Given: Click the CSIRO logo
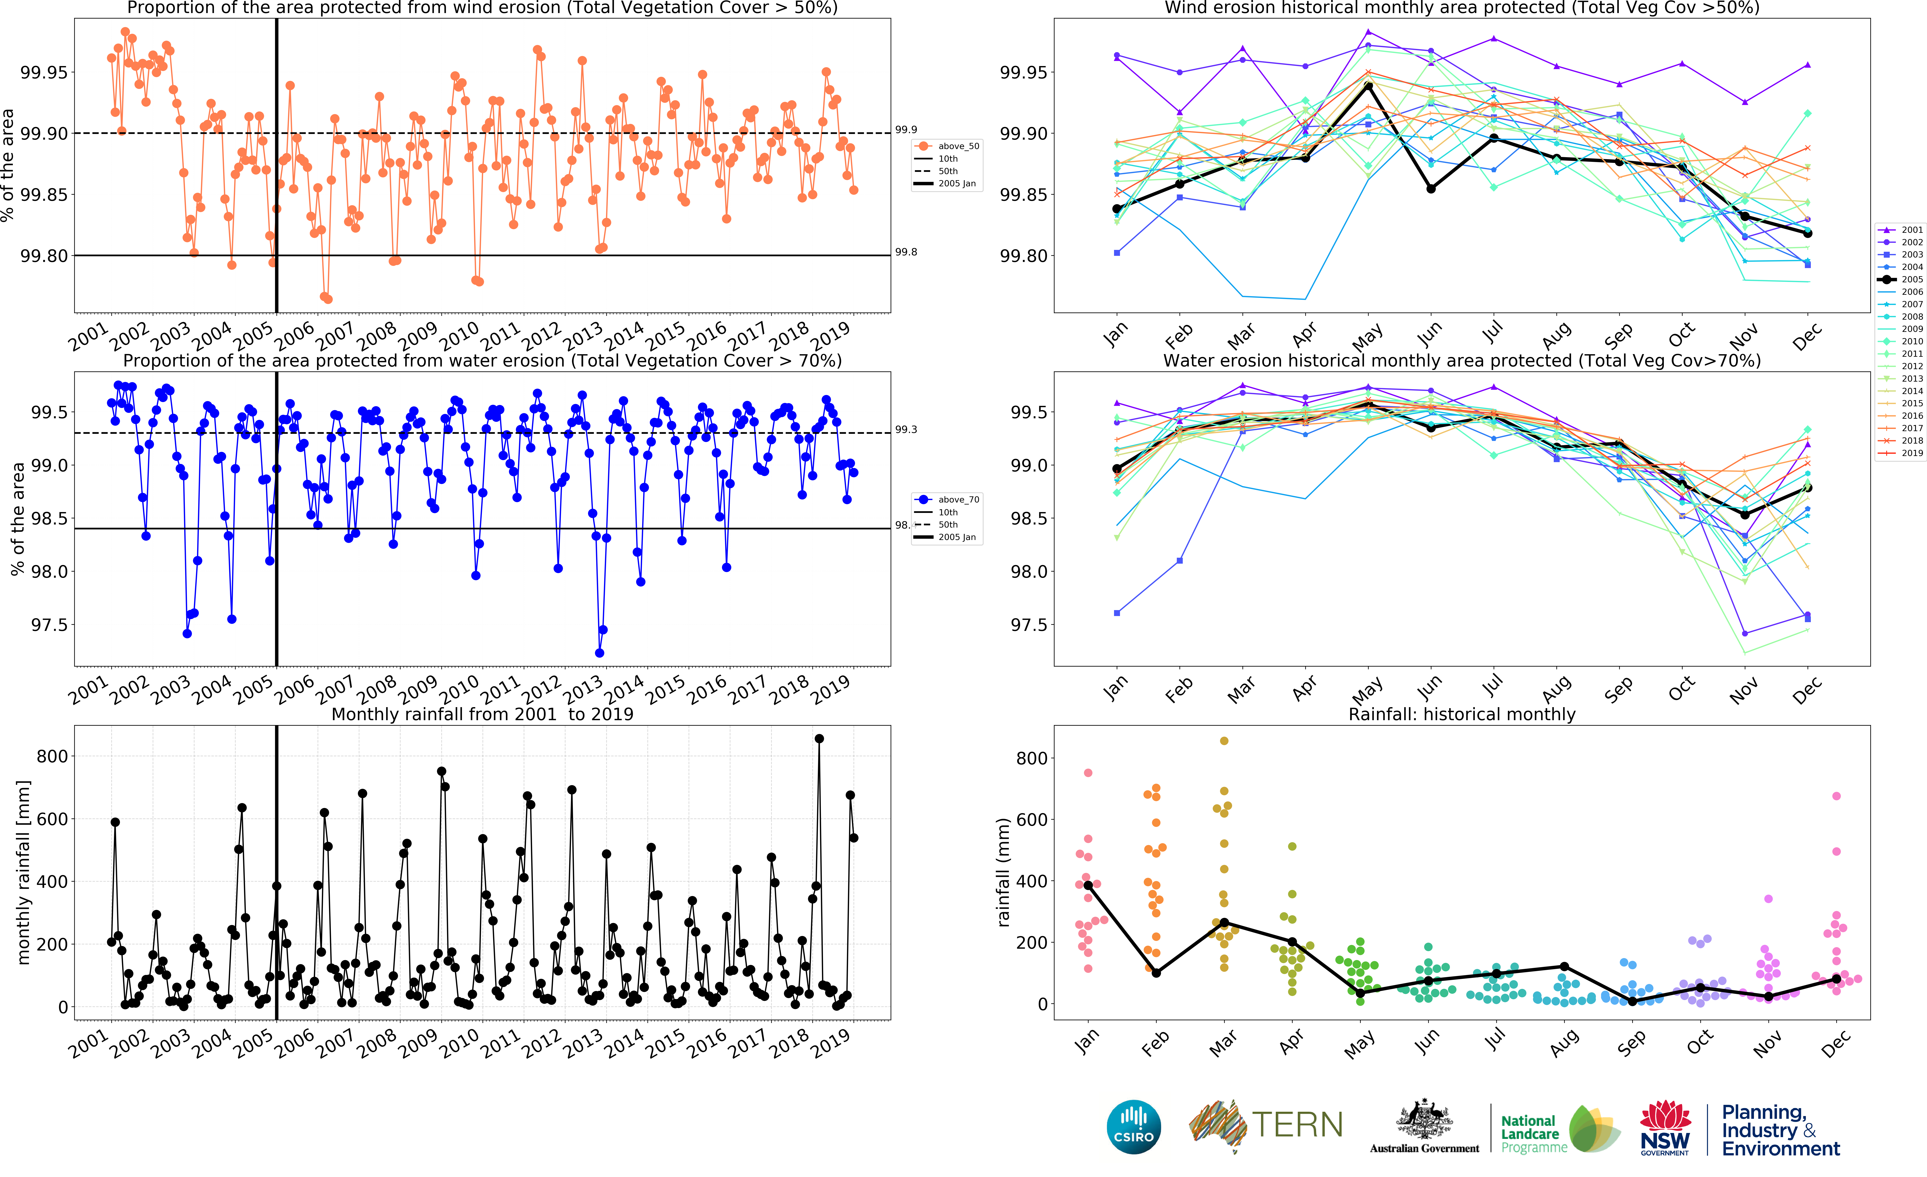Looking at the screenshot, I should [x=1133, y=1127].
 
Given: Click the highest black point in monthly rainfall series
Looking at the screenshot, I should [x=819, y=738].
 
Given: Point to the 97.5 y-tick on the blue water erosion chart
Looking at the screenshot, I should [x=49, y=625].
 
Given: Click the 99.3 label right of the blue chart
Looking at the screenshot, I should [x=906, y=429].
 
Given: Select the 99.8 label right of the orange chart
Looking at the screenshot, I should [x=906, y=252].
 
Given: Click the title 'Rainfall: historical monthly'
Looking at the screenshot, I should [x=1462, y=714].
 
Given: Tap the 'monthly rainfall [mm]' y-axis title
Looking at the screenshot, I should [x=23, y=872].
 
